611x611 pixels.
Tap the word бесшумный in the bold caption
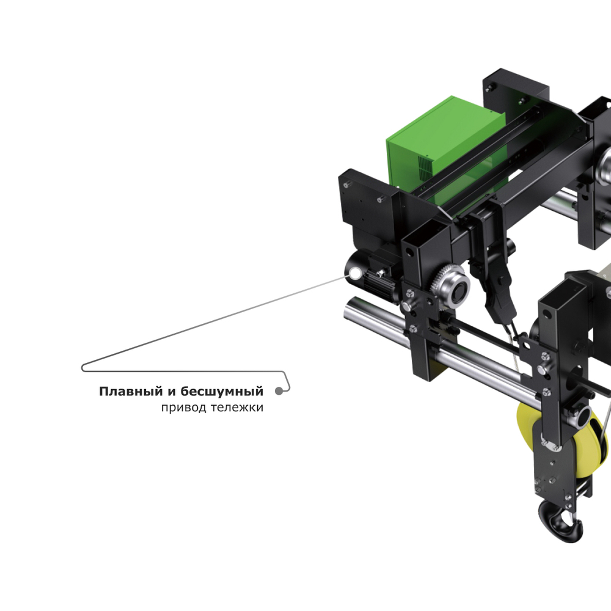222,391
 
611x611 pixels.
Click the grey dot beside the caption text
279,391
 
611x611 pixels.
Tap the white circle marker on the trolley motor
356,273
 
